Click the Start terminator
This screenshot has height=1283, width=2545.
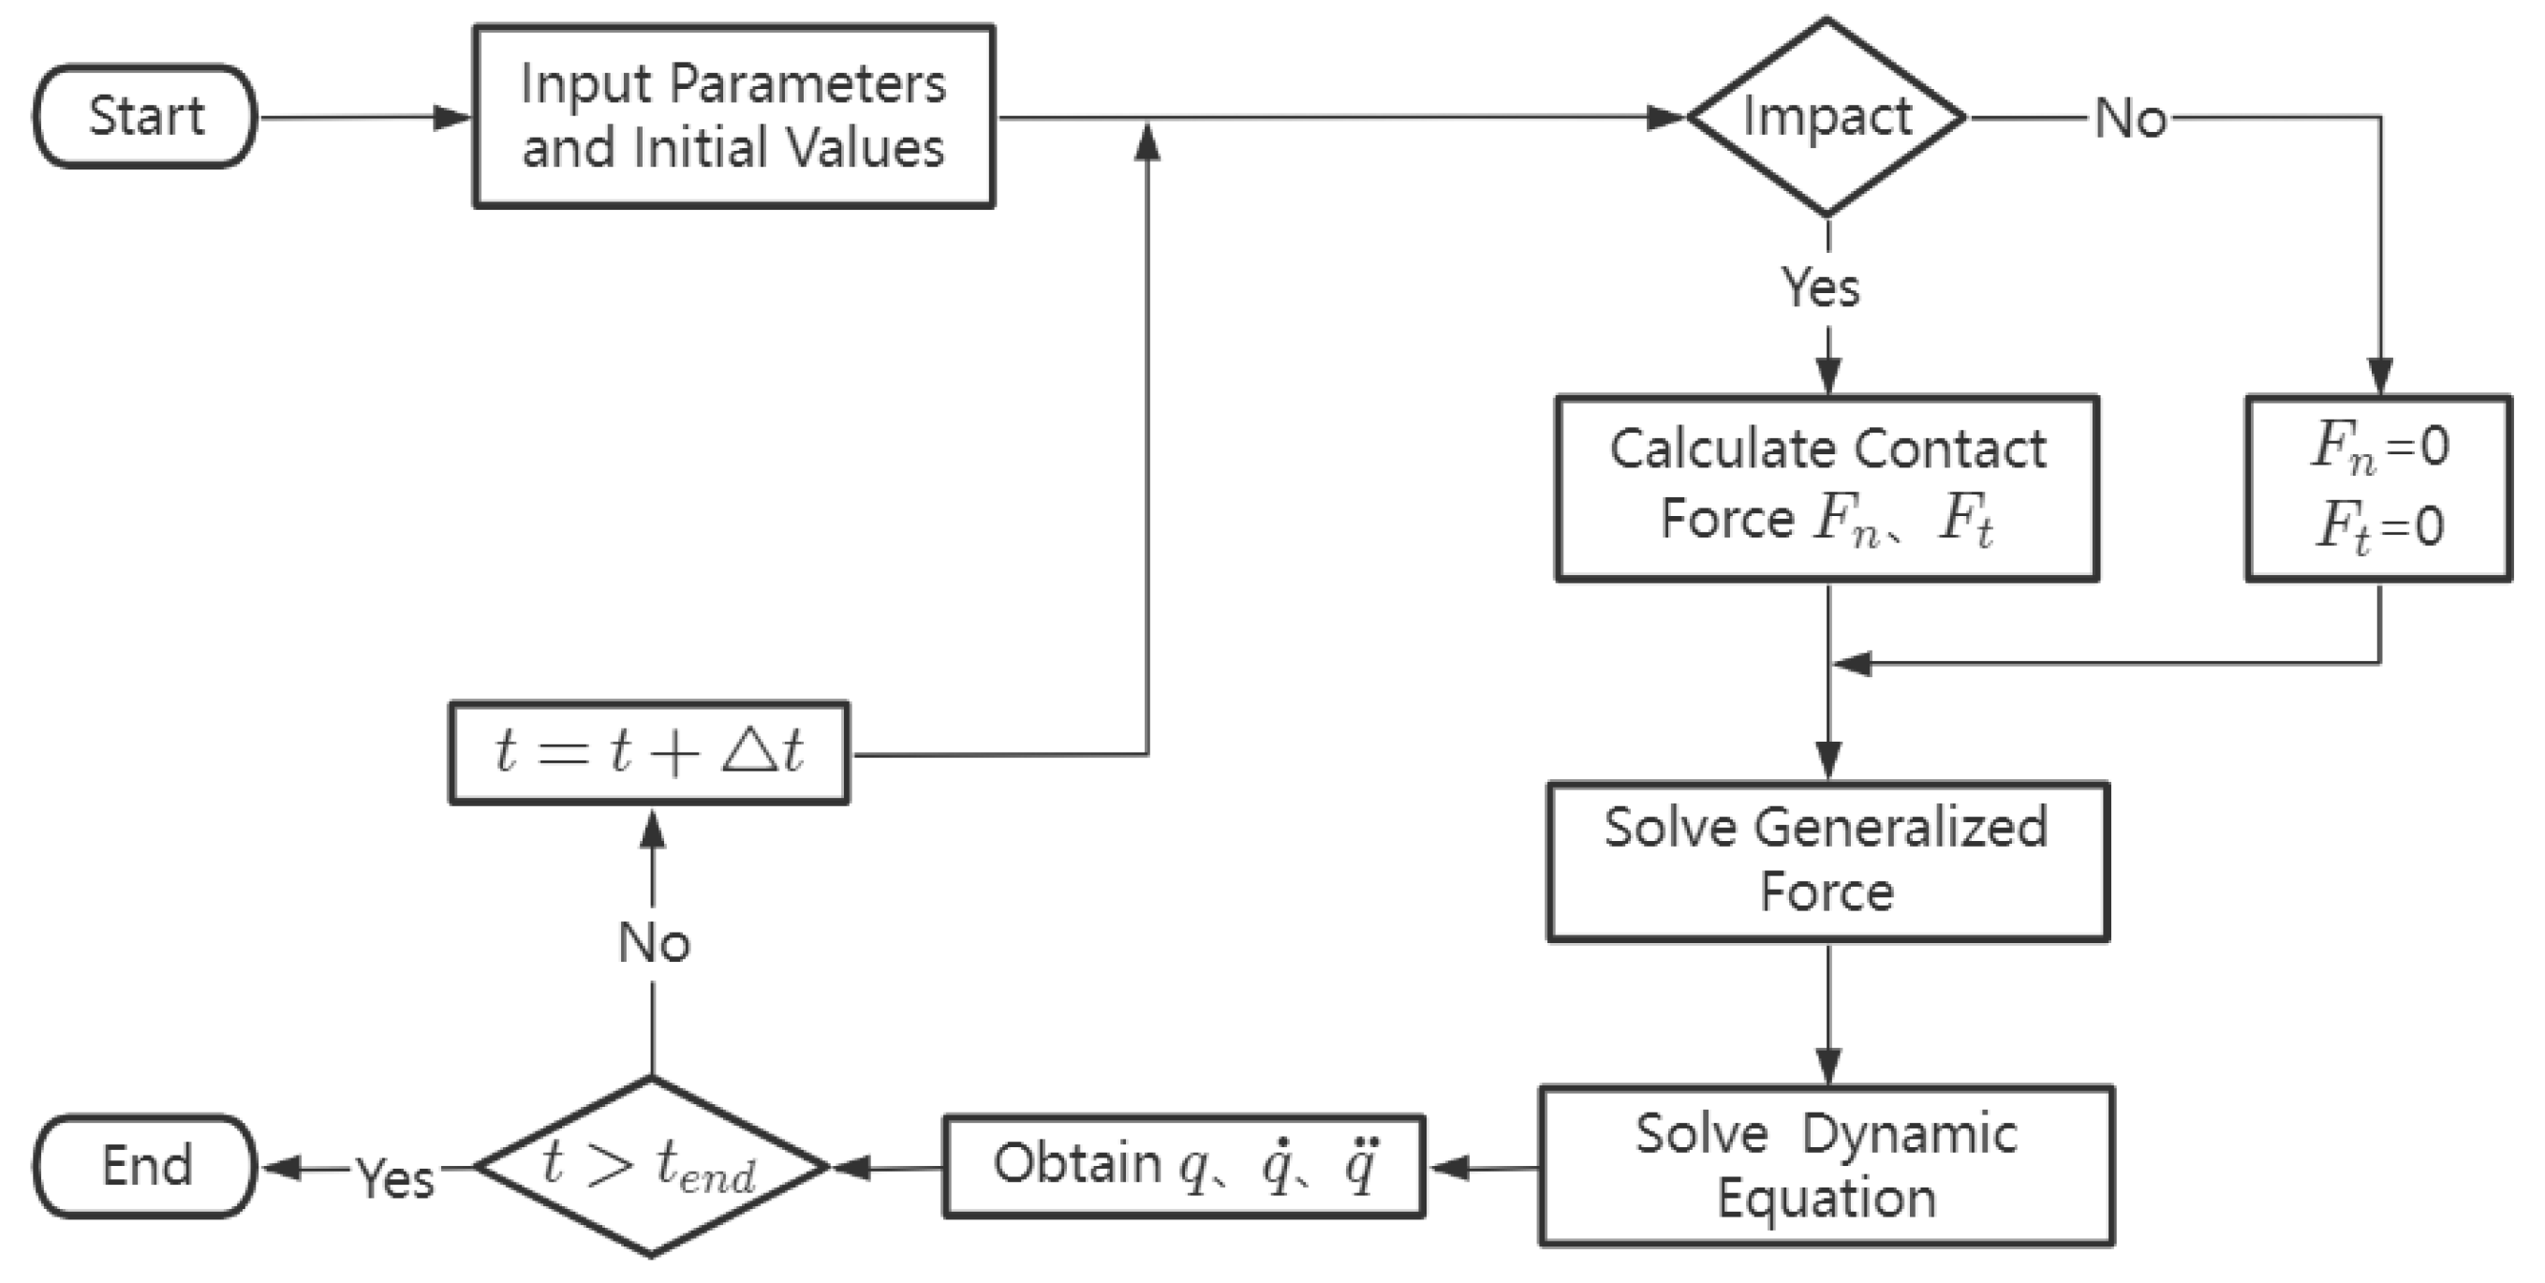145,116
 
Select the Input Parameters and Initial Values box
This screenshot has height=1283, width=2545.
733,116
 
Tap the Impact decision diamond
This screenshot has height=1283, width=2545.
1826,116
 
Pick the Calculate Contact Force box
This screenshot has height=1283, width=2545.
1826,488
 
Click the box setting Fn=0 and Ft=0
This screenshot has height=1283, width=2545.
2378,488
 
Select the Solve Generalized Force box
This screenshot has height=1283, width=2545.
1827,862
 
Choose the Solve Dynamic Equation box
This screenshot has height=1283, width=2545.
1826,1165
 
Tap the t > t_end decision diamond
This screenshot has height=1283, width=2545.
650,1167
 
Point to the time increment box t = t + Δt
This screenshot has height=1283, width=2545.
648,753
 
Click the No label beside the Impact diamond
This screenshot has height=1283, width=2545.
2130,119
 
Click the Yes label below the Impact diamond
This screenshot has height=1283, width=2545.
1820,288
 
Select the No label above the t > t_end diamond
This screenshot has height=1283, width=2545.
653,942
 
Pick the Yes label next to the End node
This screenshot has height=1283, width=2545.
395,1177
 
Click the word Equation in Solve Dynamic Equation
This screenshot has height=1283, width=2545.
1826,1199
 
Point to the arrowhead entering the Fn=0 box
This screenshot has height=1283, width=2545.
2379,377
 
